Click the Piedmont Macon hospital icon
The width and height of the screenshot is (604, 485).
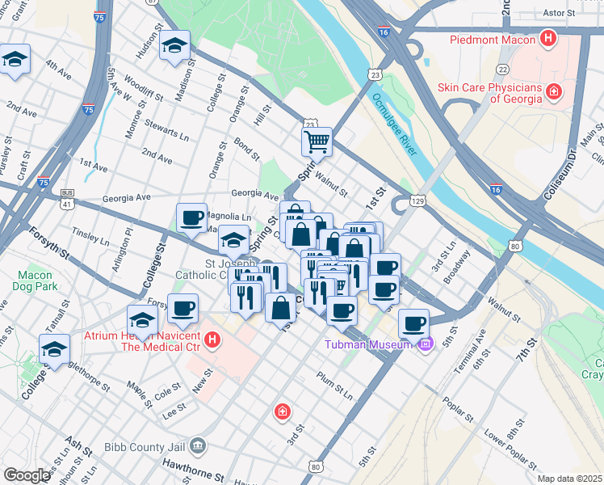pyautogui.click(x=549, y=39)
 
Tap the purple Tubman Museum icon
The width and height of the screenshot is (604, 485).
pyautogui.click(x=425, y=344)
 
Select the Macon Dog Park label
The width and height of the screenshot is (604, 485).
pyautogui.click(x=35, y=280)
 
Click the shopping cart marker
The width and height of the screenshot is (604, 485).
pyautogui.click(x=317, y=141)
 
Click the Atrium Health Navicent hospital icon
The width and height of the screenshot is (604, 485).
pyautogui.click(x=212, y=339)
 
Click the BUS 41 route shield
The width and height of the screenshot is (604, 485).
pyautogui.click(x=68, y=196)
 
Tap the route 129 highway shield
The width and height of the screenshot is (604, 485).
pyautogui.click(x=417, y=199)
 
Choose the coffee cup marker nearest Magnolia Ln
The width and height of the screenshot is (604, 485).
pyautogui.click(x=191, y=217)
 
